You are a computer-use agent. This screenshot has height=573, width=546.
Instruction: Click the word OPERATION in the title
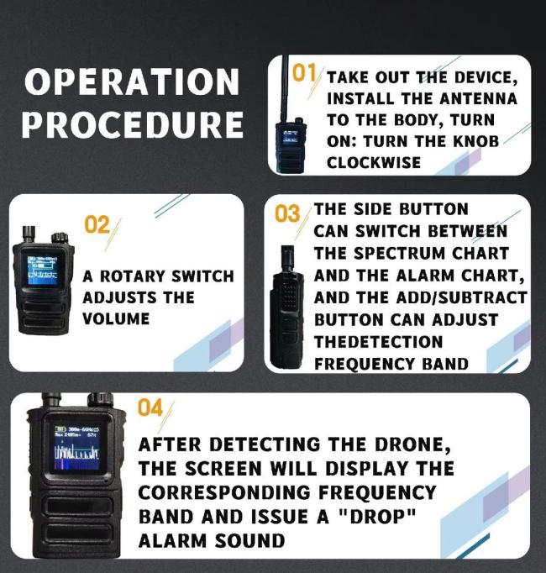tap(131, 82)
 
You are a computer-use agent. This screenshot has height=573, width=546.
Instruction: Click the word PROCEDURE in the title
tap(132, 125)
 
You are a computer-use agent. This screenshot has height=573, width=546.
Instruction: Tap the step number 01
tap(304, 73)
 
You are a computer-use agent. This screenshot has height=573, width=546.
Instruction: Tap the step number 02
tap(98, 224)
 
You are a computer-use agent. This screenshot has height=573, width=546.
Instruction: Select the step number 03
tap(287, 214)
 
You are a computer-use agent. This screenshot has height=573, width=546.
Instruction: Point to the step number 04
tap(150, 409)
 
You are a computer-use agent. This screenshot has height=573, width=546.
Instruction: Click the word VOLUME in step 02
tap(116, 319)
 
